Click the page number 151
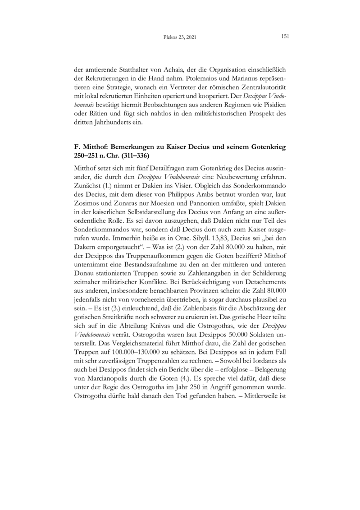[x=284, y=36]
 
